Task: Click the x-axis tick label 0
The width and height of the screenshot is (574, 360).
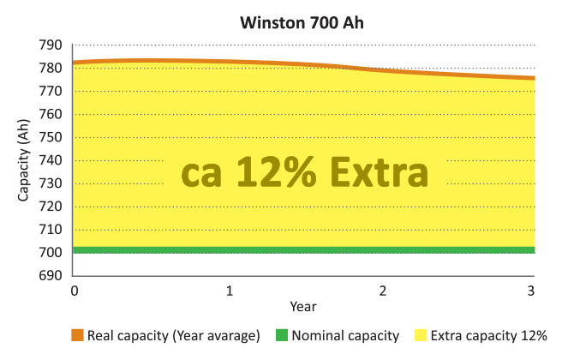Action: pyautogui.click(x=75, y=291)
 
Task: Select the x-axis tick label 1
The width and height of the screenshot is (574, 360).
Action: pyautogui.click(x=229, y=291)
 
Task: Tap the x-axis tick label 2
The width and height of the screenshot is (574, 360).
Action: pyautogui.click(x=382, y=291)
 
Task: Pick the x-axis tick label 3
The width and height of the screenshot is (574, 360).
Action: pyautogui.click(x=531, y=291)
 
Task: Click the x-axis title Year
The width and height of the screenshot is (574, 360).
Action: pyautogui.click(x=303, y=306)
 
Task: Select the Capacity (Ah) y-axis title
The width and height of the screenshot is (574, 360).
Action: pyautogui.click(x=24, y=160)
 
